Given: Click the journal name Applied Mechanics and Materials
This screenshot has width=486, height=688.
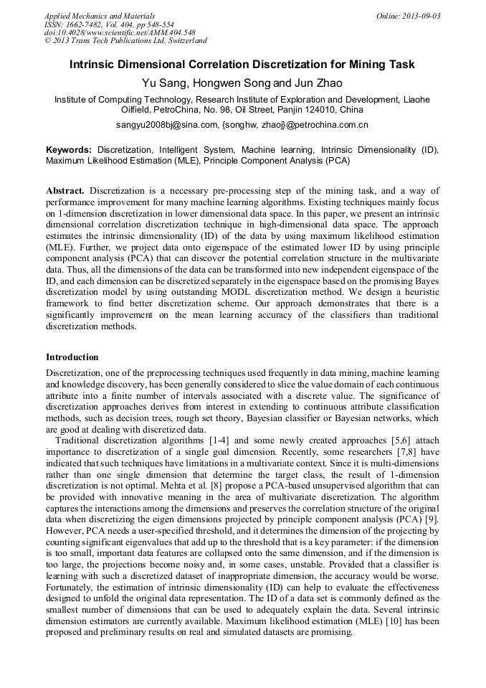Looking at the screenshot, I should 99,16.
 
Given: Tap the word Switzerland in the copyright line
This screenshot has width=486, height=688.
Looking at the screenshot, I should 183,42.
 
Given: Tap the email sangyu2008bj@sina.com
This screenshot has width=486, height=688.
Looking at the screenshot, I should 166,125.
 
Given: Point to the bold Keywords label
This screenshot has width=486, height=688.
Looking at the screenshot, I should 69,150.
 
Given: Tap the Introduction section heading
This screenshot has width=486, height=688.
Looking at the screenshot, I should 72,357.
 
